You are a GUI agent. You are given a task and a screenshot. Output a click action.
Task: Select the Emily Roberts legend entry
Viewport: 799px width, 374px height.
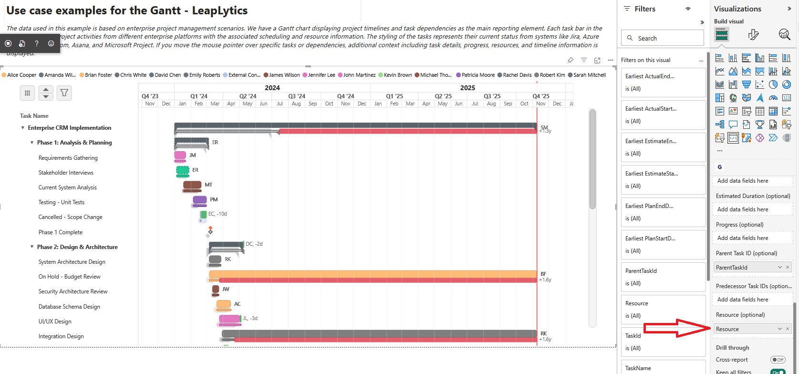pyautogui.click(x=204, y=75)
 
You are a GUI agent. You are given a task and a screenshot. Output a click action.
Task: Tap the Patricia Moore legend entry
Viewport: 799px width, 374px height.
pyautogui.click(x=477, y=75)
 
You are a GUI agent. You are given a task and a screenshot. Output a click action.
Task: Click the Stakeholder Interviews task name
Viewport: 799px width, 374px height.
pyautogui.click(x=66, y=173)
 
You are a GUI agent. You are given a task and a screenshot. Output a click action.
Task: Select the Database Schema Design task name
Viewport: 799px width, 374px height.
pyautogui.click(x=69, y=307)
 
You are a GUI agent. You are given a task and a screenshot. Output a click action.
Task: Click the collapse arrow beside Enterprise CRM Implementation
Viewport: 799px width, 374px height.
pyautogui.click(x=23, y=128)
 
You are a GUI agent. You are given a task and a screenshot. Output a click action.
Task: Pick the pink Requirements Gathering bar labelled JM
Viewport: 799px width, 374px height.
pyautogui.click(x=180, y=155)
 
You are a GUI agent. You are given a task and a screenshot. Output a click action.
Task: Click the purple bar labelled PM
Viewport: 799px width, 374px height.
pyautogui.click(x=200, y=199)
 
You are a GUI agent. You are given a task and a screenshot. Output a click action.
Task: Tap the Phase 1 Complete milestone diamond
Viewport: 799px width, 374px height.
pyautogui.click(x=210, y=231)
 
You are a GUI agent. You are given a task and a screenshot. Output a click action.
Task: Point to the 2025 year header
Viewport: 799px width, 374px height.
pyautogui.click(x=467, y=88)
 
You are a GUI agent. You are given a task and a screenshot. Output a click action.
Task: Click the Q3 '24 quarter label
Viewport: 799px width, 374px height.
pyautogui.click(x=297, y=96)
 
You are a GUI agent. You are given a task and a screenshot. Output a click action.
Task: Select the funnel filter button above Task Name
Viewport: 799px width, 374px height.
pyautogui.click(x=64, y=93)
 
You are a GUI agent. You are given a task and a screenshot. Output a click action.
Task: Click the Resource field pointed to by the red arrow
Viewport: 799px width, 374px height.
pyautogui.click(x=747, y=329)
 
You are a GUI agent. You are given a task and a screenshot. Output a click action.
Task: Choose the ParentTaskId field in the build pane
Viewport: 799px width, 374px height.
pyautogui.click(x=746, y=268)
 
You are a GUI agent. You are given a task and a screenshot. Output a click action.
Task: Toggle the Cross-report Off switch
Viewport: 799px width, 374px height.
pyautogui.click(x=778, y=360)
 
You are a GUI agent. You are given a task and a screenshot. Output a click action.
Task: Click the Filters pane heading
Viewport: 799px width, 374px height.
pyautogui.click(x=645, y=9)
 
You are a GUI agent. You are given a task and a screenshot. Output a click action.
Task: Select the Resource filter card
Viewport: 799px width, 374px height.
pyautogui.click(x=663, y=309)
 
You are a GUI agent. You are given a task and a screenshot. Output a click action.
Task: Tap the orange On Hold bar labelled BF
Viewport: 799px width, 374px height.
pyautogui.click(x=372, y=274)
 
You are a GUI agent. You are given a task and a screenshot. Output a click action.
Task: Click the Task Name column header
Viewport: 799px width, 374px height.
pyautogui.click(x=34, y=116)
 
